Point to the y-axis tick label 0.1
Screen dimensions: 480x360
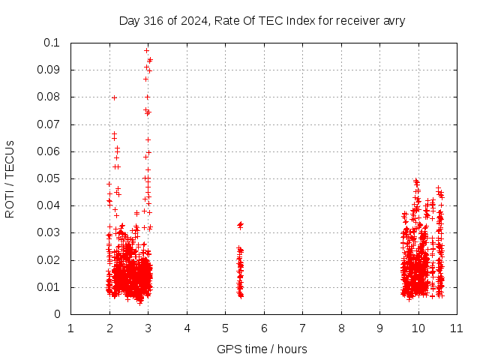pos(52,43)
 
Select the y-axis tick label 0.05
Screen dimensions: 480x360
pos(48,178)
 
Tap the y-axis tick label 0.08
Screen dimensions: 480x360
pos(48,97)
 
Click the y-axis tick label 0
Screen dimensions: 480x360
pos(57,314)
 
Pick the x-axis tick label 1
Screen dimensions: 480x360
pos(70,328)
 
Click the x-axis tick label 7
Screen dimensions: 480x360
pos(302,328)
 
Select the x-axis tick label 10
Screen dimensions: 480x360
pos(418,328)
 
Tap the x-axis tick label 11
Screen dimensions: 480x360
pos(457,328)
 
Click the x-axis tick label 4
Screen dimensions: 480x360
pos(187,328)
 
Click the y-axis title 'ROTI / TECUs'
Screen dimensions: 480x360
pos(10,179)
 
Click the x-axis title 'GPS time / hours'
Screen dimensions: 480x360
pos(262,349)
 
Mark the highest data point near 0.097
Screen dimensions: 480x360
pos(147,50)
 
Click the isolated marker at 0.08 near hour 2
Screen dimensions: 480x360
pos(114,98)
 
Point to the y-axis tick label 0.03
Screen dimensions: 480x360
pos(48,232)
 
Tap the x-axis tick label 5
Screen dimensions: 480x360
pos(225,328)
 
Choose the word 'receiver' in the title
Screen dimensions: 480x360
pos(358,21)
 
